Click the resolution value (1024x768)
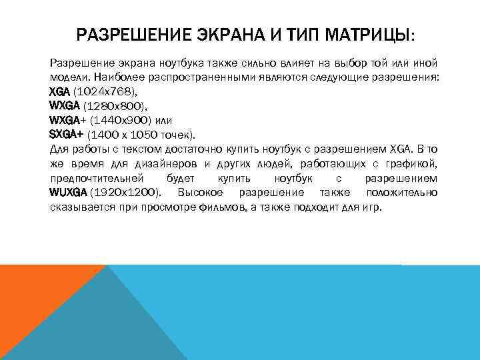coord(107,91)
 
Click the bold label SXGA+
coord(66,135)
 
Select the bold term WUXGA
coord(68,193)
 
